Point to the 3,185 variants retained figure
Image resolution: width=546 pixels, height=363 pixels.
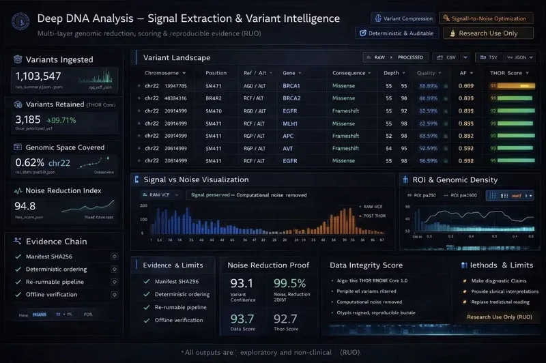click(28, 119)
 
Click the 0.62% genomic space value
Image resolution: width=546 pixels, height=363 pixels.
click(29, 162)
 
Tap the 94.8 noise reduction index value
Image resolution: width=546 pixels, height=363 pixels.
click(25, 206)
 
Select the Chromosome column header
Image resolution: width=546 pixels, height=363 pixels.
click(162, 73)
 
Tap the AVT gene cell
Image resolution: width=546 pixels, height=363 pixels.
click(290, 148)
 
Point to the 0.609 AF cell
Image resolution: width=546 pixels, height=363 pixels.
click(466, 86)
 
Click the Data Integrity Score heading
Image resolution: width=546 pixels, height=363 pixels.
click(366, 265)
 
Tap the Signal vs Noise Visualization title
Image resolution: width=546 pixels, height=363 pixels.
click(196, 179)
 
